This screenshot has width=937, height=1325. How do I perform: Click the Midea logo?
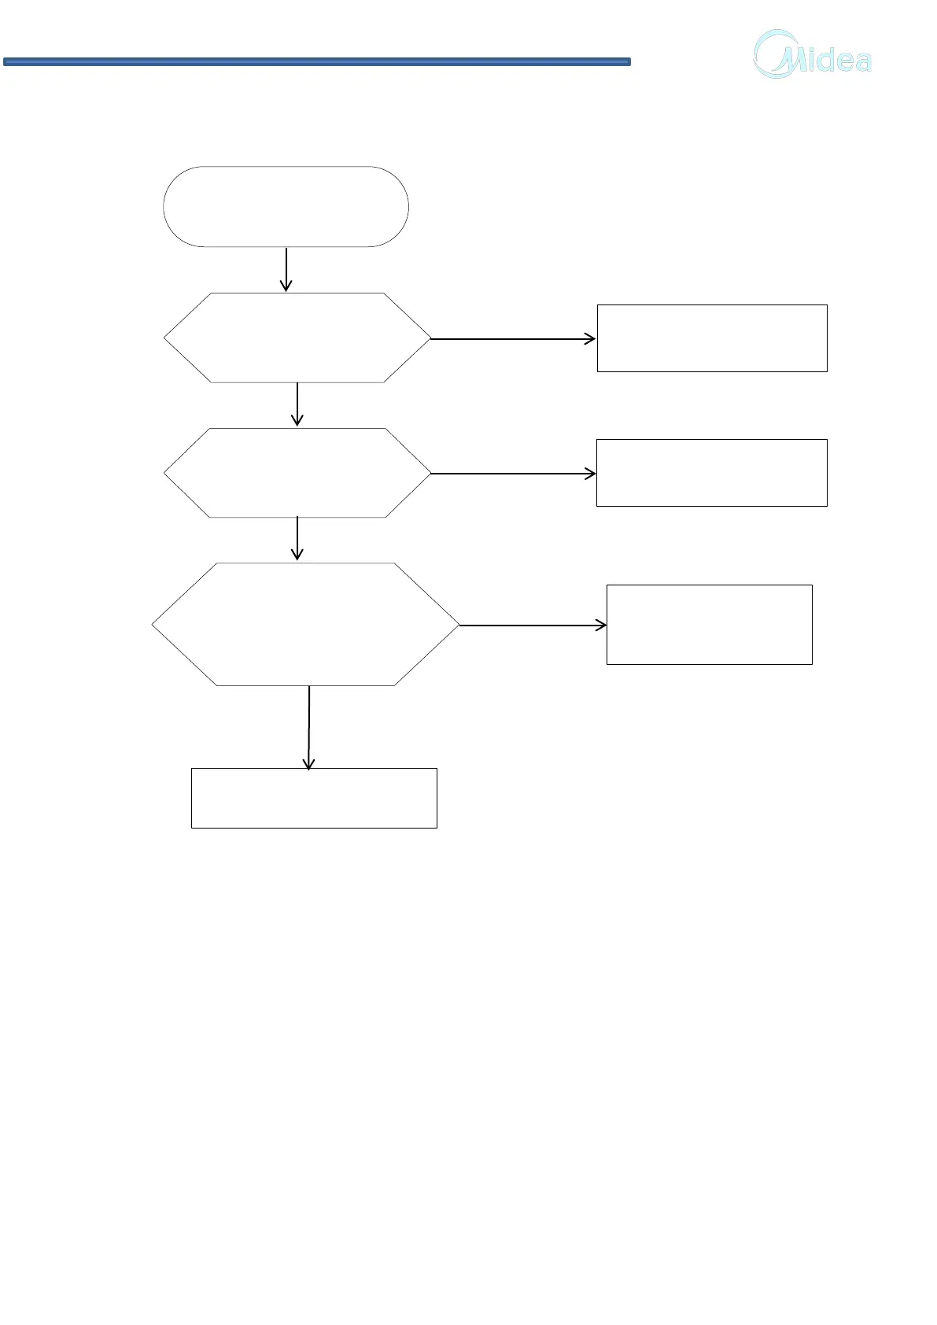click(813, 54)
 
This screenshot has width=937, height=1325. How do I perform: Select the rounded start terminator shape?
click(286, 207)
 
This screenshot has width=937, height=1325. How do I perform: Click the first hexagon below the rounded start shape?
click(297, 338)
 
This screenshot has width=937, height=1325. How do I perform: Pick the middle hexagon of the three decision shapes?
click(297, 473)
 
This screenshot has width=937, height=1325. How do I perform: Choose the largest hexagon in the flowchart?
click(305, 624)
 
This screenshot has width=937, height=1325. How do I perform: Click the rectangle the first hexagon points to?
click(712, 338)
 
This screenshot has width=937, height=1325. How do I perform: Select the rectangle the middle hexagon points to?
click(712, 473)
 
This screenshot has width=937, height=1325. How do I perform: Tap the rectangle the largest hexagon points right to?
click(709, 625)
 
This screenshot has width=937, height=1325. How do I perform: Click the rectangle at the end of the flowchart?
click(314, 798)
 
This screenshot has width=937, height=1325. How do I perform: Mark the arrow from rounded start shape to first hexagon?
click(286, 269)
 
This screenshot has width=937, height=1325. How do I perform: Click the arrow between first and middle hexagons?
click(297, 404)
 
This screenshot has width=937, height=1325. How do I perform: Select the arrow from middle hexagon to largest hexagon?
click(297, 539)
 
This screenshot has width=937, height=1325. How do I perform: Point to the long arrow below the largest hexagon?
click(309, 725)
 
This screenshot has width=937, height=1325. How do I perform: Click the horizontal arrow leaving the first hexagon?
click(512, 339)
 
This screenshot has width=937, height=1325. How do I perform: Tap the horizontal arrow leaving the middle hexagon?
click(512, 474)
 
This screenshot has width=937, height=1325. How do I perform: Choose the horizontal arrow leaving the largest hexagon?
click(532, 626)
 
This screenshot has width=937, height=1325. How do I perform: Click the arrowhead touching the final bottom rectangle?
click(309, 763)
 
